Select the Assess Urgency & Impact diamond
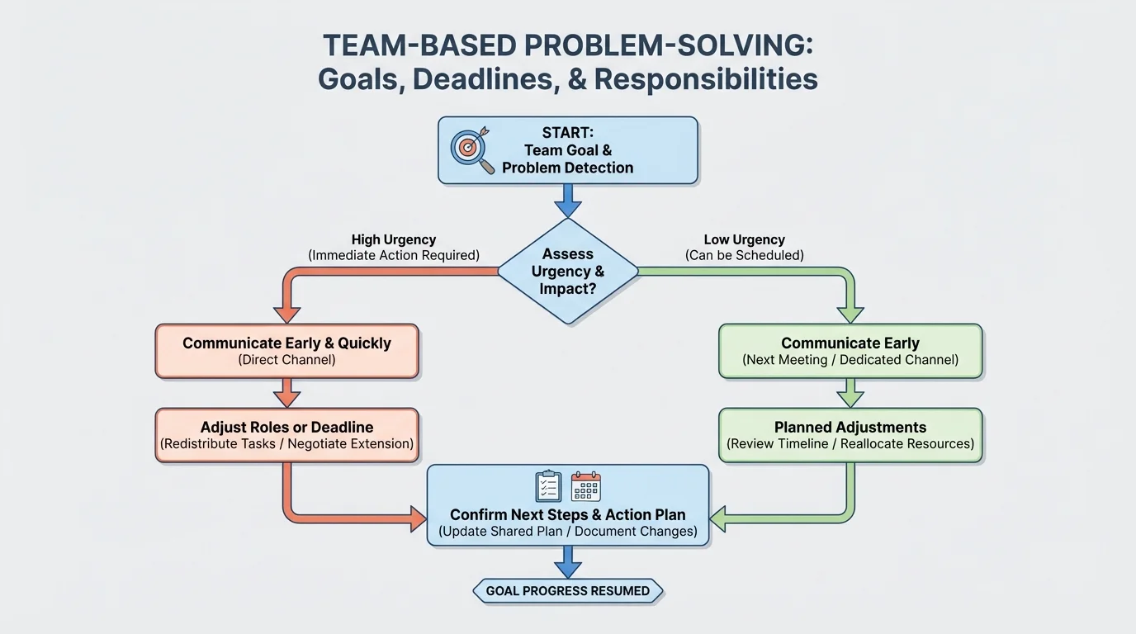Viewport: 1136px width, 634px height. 568,271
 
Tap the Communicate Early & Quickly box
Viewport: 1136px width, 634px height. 286,351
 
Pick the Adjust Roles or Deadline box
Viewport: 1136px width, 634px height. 286,435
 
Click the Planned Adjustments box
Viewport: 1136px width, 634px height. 850,435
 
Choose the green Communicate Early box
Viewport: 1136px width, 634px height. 850,351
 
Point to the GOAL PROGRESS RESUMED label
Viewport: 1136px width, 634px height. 568,591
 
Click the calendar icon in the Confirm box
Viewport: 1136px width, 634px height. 585,486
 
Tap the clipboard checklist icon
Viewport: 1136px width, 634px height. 548,486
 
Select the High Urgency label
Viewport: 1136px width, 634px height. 394,240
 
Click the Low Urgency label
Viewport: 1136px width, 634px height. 744,240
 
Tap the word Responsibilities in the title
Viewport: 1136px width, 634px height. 706,79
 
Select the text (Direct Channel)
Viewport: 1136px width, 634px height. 286,360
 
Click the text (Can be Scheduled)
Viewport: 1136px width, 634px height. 744,256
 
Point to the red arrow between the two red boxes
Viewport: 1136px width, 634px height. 286,393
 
